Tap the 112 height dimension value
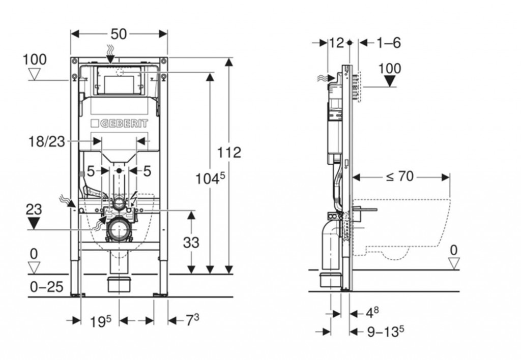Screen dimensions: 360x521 229,152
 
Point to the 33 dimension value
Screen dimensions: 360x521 191,243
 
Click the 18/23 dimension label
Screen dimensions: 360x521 47,141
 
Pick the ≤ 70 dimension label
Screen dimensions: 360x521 399,176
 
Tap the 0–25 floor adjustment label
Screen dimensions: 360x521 46,287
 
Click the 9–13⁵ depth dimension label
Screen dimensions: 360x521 385,332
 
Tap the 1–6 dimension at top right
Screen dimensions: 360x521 389,43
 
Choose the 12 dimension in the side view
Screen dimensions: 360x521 337,43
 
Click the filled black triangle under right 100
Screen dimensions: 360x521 390,81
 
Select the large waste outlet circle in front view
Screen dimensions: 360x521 119,230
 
